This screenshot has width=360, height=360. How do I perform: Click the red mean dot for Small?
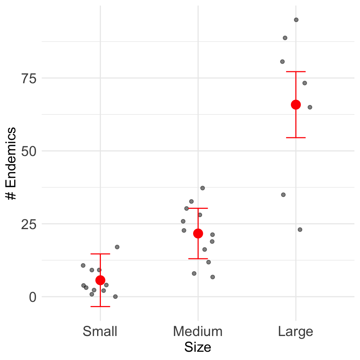coord(100,280)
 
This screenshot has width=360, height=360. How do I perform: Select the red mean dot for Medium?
coord(198,234)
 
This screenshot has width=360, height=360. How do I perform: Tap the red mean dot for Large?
coord(296,105)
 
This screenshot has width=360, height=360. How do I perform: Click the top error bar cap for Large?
coord(296,72)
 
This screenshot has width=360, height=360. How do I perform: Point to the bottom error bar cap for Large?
coord(296,138)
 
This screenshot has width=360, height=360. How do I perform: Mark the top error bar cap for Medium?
coord(198,208)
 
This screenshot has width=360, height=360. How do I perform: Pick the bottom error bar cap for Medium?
coord(198,259)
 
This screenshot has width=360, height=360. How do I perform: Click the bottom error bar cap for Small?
coord(100,306)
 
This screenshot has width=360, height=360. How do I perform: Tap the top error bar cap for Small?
coord(100,254)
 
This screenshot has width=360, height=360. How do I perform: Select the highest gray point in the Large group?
coord(296,20)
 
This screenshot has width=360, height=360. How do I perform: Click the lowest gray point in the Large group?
coord(300,229)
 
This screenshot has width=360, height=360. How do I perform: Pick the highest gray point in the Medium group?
coord(202,188)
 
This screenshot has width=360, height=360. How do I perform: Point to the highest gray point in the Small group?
coord(117,247)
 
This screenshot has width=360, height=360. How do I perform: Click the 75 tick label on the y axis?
coord(29,79)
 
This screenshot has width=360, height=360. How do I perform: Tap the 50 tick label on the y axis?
coord(29,151)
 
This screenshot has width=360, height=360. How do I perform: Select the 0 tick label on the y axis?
coord(33,297)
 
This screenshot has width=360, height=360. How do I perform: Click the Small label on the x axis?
coord(100,331)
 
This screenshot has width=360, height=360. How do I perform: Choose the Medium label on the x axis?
coord(198,331)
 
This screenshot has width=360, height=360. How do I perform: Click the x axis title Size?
coord(198,347)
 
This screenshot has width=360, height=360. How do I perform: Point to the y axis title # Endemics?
coord(11,163)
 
